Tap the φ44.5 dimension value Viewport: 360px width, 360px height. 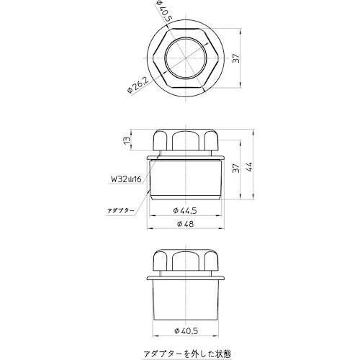(x=185, y=211)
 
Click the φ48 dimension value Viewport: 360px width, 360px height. (x=185, y=225)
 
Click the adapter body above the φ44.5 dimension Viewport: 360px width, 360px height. (x=186, y=180)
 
